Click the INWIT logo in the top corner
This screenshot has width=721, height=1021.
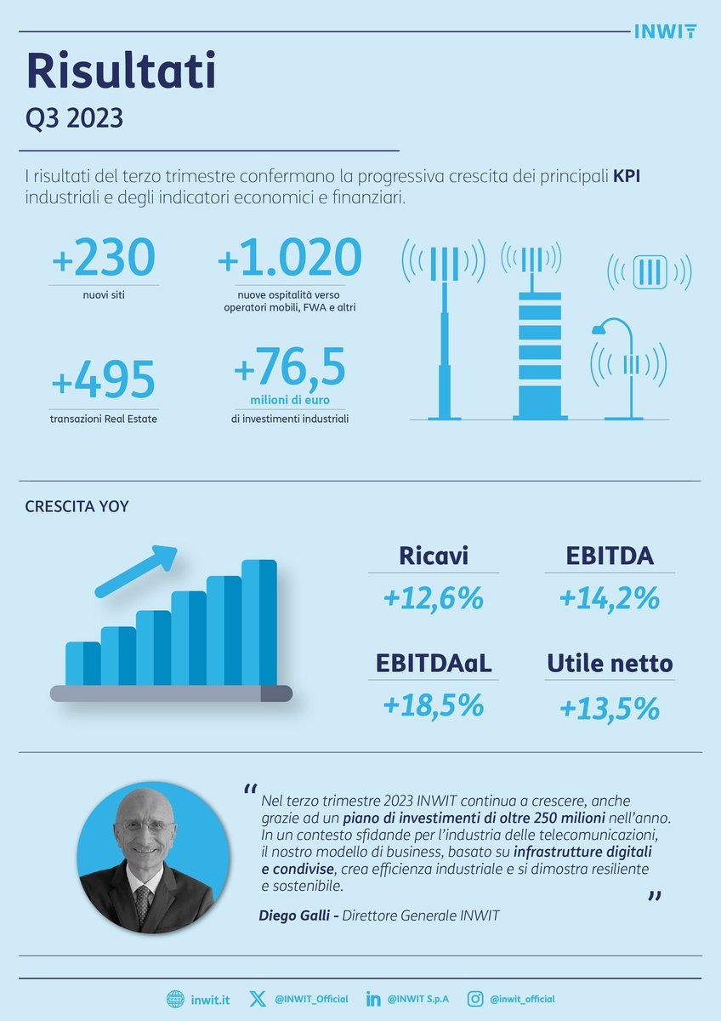[666, 31]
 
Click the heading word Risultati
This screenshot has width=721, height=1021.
[121, 71]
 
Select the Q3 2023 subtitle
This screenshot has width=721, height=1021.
[74, 118]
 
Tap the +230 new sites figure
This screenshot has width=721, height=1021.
[104, 258]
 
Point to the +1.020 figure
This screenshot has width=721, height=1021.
[290, 258]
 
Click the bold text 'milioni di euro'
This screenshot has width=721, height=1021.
[290, 400]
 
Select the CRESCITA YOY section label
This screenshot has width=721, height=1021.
[77, 506]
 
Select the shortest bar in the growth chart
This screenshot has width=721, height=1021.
[82, 664]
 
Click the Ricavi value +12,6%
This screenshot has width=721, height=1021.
[433, 599]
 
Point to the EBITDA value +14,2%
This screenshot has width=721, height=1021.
[610, 599]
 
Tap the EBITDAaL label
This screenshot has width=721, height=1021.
[433, 663]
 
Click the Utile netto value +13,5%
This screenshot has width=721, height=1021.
[610, 707]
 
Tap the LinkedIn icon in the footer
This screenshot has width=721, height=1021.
[372, 999]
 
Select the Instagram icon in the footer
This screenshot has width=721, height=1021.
[477, 999]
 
